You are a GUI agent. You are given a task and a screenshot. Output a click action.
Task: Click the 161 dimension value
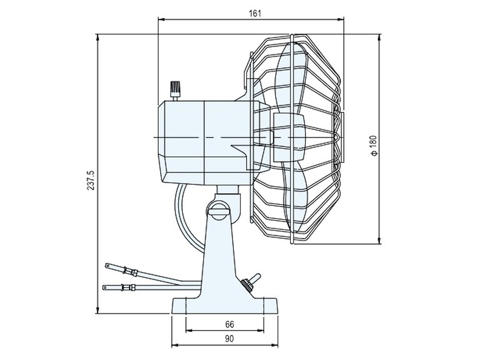pyautogui.click(x=254, y=13)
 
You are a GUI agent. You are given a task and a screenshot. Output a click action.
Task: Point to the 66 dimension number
pyautogui.click(x=229, y=324)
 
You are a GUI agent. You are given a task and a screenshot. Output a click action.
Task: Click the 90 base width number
pyautogui.click(x=229, y=339)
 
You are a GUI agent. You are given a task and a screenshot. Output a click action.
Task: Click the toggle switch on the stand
pyautogui.click(x=250, y=281)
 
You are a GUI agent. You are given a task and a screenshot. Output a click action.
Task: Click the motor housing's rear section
pyautogui.click(x=182, y=142)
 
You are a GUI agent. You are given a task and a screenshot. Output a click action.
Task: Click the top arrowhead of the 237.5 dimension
pyautogui.click(x=98, y=37)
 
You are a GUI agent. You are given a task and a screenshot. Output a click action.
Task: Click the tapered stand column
pyautogui.click(x=219, y=256)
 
